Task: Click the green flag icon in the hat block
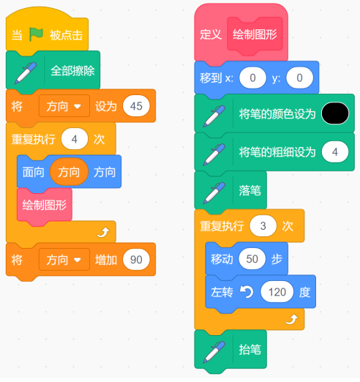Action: [36, 34]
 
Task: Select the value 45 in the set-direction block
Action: [136, 106]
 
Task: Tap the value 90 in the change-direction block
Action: [136, 260]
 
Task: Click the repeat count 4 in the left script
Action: [75, 139]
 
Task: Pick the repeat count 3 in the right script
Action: [263, 226]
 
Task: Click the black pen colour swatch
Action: [335, 113]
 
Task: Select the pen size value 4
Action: [335, 151]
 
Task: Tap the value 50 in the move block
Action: [252, 259]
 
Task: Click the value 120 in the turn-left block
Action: [277, 292]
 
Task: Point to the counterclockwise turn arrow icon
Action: [247, 292]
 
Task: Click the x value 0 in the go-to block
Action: [252, 78]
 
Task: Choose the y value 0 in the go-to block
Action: [299, 78]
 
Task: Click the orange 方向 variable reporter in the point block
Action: [69, 172]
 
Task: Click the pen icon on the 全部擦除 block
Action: [26, 72]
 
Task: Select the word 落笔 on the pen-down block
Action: [250, 190]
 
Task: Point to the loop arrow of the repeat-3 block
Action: [291, 319]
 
